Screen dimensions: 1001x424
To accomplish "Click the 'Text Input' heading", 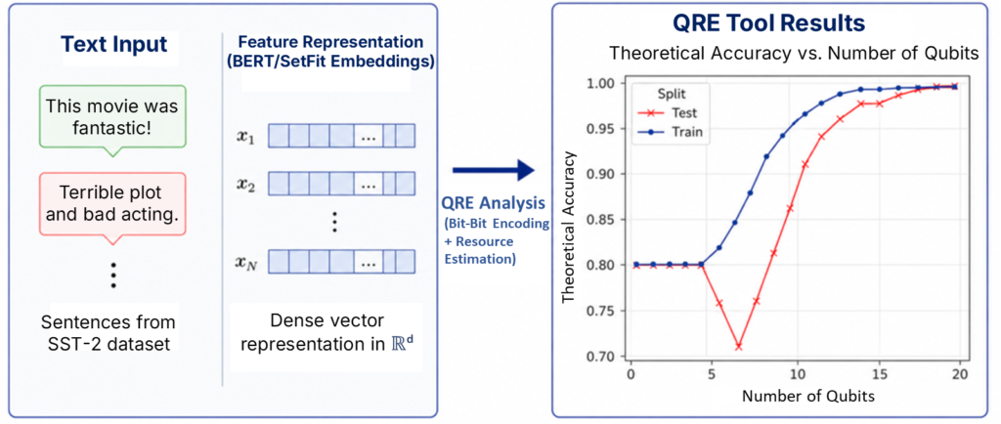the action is pos(114,45).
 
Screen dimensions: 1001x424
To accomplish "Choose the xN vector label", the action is pos(246,261).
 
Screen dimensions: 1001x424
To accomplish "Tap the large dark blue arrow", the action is pos(494,170).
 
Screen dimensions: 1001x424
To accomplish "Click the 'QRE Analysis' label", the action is pos(493,203).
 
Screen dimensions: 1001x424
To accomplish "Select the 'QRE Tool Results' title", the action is pos(769,24).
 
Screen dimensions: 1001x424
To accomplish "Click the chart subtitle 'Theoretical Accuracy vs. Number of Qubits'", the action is pos(794,54).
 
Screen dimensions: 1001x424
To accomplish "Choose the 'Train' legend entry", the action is pos(675,134).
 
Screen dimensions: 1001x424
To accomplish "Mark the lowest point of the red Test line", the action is pos(739,346).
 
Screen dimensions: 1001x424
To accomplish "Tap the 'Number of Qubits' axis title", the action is pos(807,396).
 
